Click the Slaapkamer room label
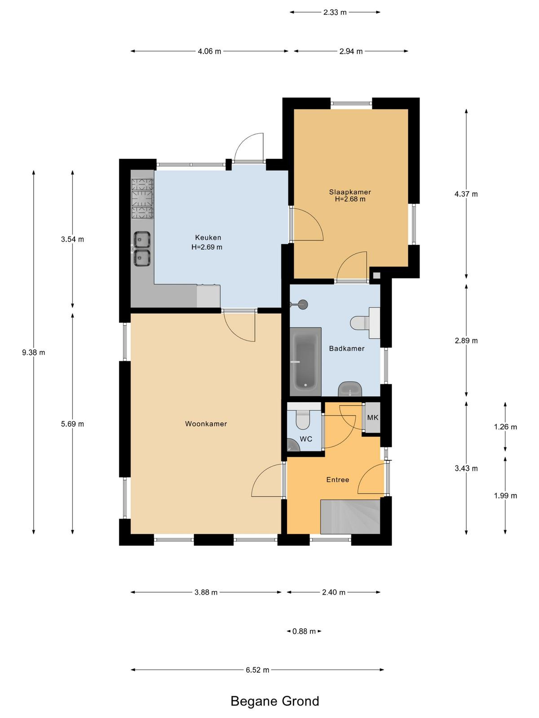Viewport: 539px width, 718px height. coord(350,192)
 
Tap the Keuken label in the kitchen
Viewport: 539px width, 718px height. coord(208,237)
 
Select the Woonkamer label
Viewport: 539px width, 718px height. coord(206,424)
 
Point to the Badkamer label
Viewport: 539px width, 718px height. coord(347,348)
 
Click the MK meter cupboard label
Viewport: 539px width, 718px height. coord(373,417)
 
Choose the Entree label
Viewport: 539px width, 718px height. coord(338,480)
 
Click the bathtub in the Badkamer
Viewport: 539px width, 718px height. coord(305,361)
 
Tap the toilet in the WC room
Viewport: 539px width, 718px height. coord(302,419)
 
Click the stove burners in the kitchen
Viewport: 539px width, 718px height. coord(142,198)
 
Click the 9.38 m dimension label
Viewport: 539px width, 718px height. coord(33,353)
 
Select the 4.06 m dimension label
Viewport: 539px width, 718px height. coord(209,51)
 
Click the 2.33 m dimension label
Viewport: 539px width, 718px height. coord(335,13)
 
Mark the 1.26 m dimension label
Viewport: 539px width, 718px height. coord(505,427)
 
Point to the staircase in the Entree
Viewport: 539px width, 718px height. coord(350,517)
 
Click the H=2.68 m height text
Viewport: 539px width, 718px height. coord(350,199)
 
